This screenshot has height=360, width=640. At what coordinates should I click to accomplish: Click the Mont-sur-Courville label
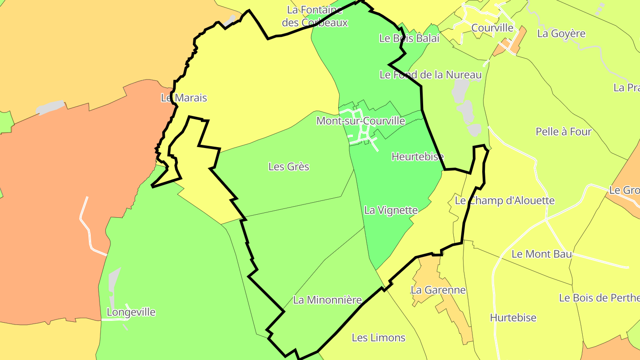(x=360, y=121)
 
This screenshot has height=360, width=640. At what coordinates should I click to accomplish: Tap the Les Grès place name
(x=288, y=167)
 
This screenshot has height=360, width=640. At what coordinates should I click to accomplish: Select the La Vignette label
(x=391, y=210)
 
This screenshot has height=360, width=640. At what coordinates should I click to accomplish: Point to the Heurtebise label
(x=417, y=156)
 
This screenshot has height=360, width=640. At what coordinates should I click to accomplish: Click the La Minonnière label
(x=327, y=300)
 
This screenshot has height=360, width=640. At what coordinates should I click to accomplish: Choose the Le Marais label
(x=184, y=98)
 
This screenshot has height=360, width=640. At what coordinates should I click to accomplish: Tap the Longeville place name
(x=131, y=312)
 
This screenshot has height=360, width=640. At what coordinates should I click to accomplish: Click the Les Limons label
(x=378, y=338)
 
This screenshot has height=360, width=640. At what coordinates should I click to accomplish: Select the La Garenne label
(x=438, y=290)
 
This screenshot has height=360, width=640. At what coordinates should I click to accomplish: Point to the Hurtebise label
(x=513, y=318)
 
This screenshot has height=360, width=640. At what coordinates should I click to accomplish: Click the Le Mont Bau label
(x=541, y=254)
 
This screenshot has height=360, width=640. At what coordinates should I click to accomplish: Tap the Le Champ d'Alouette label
(x=504, y=200)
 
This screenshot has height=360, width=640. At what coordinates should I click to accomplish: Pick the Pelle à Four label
(x=564, y=132)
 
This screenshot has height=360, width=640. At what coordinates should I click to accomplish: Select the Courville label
(x=492, y=28)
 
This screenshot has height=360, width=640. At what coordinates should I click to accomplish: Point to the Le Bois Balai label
(x=409, y=38)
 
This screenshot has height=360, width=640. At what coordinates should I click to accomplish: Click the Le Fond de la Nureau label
(x=430, y=75)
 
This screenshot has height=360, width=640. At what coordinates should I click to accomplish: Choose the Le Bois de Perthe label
(x=599, y=298)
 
